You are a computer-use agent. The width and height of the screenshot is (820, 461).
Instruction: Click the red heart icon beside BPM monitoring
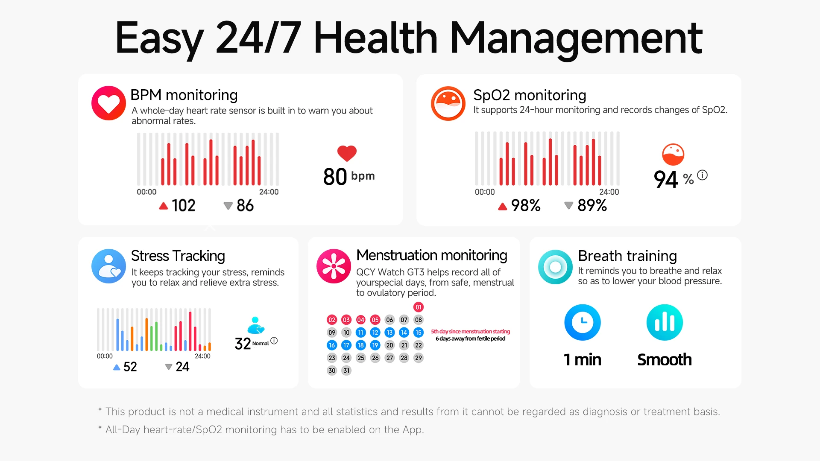108,103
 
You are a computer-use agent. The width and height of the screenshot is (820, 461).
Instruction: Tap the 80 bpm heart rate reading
349,176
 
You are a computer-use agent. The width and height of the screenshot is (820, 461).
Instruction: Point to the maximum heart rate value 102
183,206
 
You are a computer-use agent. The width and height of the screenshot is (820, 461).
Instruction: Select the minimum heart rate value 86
245,206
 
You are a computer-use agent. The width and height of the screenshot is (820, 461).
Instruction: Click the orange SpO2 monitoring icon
448,103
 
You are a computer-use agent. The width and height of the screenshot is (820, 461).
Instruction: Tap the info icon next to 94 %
703,175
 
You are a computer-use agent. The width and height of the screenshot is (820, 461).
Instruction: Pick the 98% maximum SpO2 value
526,206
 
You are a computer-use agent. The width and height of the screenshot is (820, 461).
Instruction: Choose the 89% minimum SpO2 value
592,206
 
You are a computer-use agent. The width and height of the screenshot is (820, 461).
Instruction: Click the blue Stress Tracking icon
108,266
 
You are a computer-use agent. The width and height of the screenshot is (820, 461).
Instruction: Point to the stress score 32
243,344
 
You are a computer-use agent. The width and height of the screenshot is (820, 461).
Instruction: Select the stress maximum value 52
130,367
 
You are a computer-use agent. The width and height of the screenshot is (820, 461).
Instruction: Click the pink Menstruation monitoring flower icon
334,266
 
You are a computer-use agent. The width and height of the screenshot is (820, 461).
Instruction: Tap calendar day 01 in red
419,307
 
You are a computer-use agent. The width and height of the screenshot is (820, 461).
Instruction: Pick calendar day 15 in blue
419,333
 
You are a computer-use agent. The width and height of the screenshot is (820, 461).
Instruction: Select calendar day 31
346,371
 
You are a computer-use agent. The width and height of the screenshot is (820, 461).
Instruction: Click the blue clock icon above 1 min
583,322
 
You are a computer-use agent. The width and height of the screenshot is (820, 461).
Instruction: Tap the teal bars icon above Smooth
665,322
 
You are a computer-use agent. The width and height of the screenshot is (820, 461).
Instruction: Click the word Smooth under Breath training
665,360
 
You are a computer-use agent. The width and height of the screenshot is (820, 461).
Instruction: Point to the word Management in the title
576,39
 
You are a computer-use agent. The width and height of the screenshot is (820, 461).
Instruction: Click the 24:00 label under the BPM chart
269,192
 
